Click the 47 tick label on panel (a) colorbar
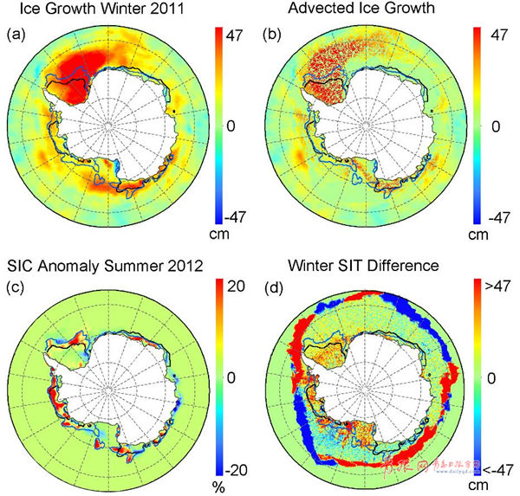click(233, 37)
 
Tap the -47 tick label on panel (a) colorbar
click(231, 216)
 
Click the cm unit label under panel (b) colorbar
click(478, 235)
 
